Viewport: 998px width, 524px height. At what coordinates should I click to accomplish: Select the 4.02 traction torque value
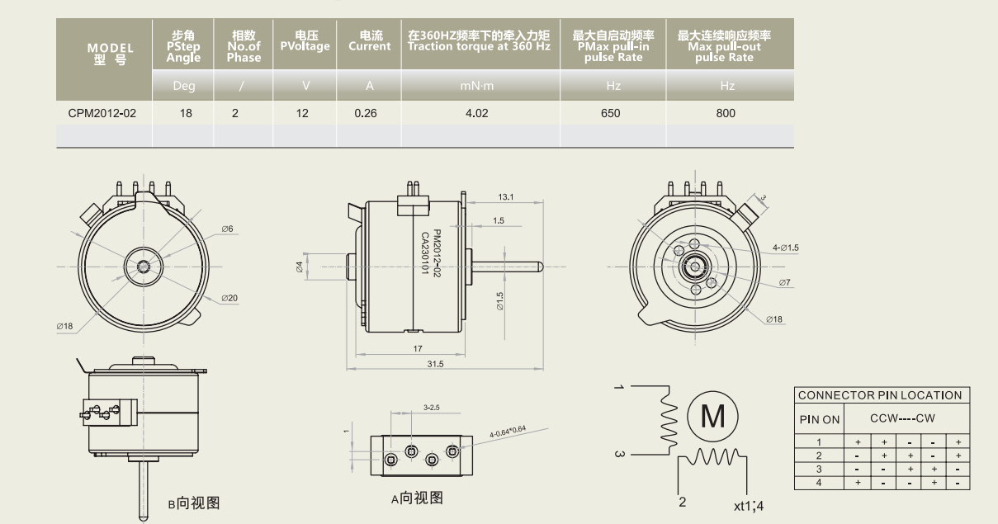[477, 113]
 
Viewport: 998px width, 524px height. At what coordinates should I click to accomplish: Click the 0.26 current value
[366, 113]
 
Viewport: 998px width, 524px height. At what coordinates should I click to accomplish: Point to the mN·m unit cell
[477, 86]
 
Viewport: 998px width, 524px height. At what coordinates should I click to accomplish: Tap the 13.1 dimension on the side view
[506, 196]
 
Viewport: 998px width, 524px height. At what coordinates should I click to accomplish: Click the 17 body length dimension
[417, 348]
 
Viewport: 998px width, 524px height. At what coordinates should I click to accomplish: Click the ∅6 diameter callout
[227, 229]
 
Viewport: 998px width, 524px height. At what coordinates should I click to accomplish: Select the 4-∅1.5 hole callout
[787, 247]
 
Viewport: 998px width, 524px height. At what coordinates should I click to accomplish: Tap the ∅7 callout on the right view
[784, 283]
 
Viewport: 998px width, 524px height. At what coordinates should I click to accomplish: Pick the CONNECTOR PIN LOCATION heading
[880, 395]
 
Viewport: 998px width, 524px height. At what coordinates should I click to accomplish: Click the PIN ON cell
[819, 419]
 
